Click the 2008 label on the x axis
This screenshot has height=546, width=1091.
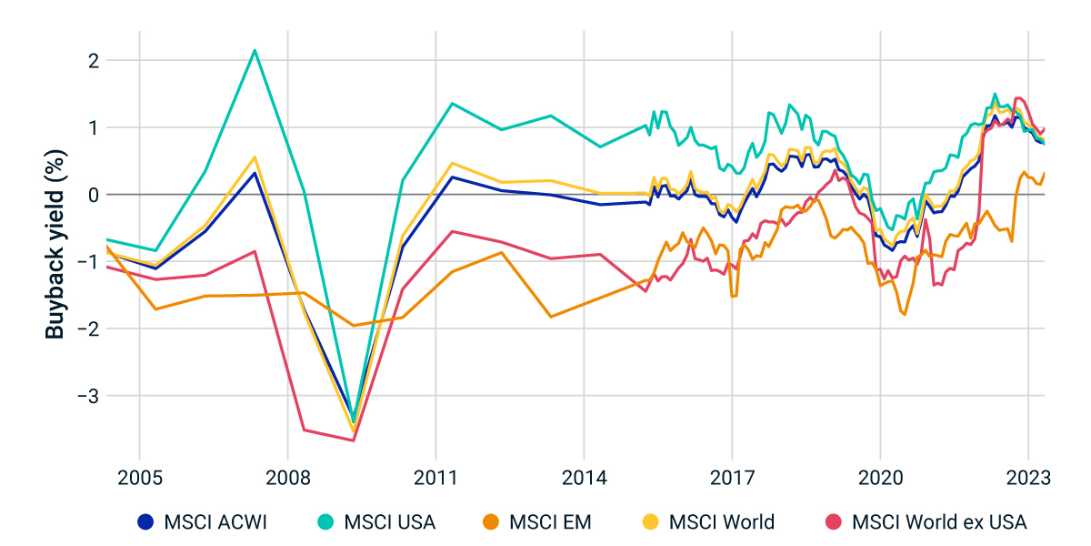click(x=287, y=478)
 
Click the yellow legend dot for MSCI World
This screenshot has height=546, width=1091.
click(x=649, y=522)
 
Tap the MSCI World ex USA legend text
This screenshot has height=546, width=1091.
click(x=938, y=522)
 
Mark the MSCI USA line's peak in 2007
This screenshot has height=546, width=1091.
click(x=255, y=50)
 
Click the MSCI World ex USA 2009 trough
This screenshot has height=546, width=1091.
click(x=354, y=440)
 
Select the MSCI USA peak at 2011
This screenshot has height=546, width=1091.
click(x=453, y=103)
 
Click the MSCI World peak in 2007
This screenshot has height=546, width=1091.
click(x=255, y=157)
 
